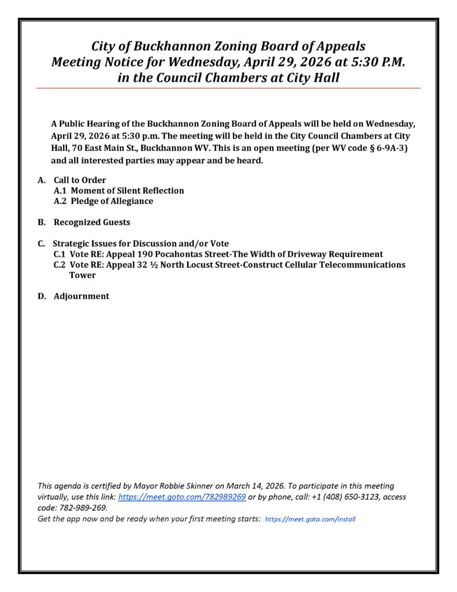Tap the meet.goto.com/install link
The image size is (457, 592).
coord(310,519)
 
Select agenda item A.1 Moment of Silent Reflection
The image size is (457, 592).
coord(119,191)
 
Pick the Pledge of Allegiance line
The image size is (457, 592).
coord(103,201)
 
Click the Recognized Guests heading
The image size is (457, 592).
coord(92,223)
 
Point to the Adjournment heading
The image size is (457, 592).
coord(81,297)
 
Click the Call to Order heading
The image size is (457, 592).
coord(80,180)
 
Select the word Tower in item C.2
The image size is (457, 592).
coord(83,275)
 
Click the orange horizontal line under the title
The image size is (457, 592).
coord(228,88)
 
